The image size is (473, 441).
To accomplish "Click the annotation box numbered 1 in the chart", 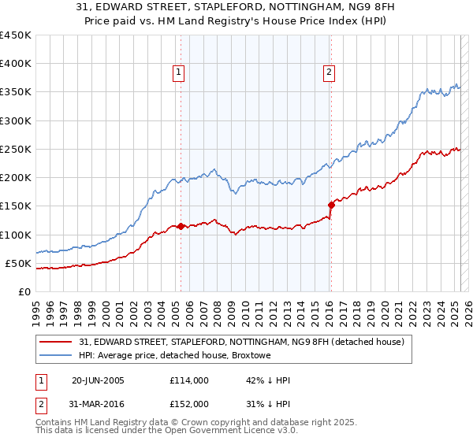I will click(x=180, y=72).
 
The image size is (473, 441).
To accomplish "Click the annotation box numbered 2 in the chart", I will click(x=329, y=72).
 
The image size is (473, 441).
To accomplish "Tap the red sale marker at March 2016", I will click(x=330, y=206).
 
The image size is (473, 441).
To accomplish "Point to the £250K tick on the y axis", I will click(x=16, y=149).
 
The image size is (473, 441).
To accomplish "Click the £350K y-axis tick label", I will click(x=16, y=92).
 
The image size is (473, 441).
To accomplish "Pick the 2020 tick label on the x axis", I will click(x=384, y=306).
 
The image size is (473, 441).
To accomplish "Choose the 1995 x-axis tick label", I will click(x=36, y=306).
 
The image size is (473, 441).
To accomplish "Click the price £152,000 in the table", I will click(x=188, y=403).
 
